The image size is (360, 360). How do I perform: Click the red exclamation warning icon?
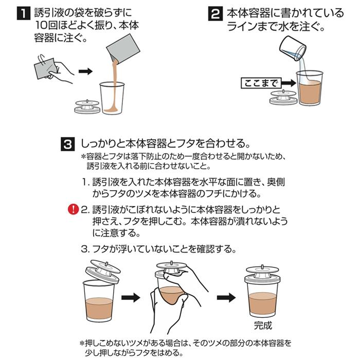(73, 209)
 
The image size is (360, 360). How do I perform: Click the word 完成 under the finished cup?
(262, 325)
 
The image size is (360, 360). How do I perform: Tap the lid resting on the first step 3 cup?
(103, 270)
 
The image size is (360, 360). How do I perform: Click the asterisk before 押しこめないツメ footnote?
(82, 343)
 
